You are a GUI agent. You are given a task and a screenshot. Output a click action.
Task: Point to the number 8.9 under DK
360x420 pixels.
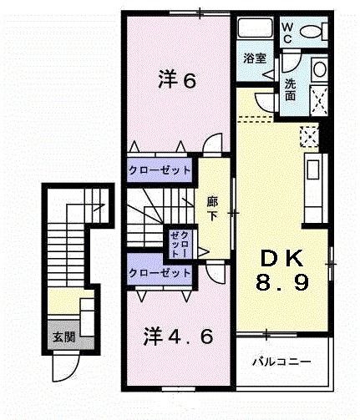coord(282,282)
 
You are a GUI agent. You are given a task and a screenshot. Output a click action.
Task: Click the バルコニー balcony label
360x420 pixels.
coord(282,364)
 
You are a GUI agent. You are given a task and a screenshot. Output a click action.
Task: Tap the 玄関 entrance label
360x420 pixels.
coord(62,337)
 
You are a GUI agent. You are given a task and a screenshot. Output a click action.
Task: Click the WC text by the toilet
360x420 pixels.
coord(286,32)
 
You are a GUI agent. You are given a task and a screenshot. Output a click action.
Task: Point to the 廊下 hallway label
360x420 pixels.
coord(212,209)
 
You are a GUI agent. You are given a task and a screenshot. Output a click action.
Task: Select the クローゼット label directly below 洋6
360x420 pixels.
coord(160,170)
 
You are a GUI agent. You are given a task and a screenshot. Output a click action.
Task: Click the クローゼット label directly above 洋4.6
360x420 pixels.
coord(160,273)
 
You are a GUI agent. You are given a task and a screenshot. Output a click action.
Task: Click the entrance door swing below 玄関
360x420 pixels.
coord(64,363)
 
